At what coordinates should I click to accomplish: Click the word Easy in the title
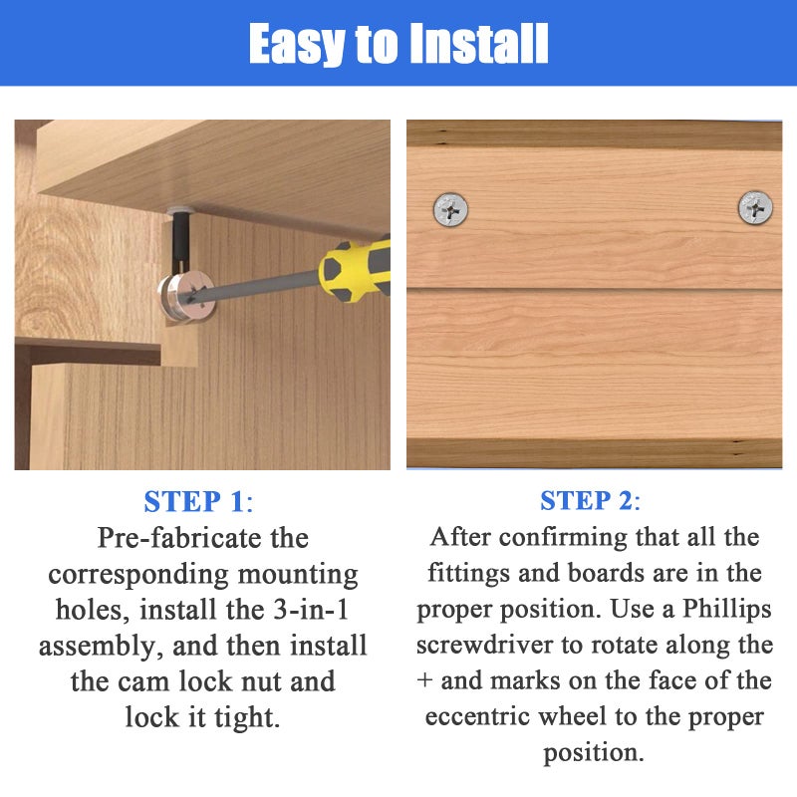click(296, 45)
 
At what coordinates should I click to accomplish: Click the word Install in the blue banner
click(479, 43)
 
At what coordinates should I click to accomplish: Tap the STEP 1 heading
click(198, 502)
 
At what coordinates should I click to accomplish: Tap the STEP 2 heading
click(590, 501)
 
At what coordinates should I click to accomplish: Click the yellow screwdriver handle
click(355, 270)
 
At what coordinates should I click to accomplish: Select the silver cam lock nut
click(186, 297)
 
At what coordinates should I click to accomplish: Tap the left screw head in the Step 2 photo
click(451, 209)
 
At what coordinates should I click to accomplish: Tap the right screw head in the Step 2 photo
click(755, 207)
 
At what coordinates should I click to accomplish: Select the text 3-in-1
click(311, 610)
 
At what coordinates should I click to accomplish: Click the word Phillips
click(727, 610)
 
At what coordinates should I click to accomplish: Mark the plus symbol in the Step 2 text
click(424, 680)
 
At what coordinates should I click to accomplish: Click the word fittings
click(468, 574)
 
